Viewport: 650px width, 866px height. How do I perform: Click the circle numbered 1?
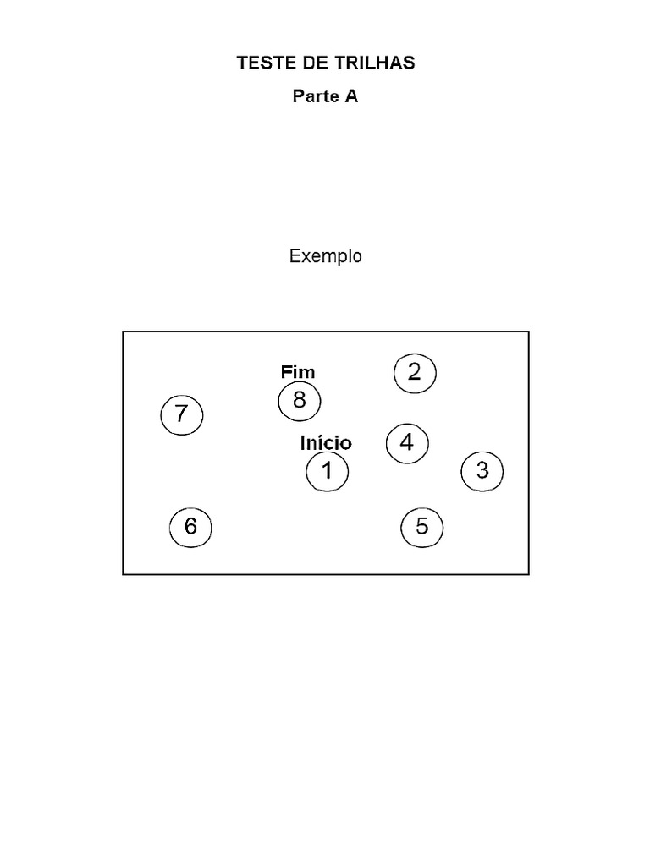(x=327, y=471)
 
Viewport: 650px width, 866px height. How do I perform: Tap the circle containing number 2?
(x=415, y=373)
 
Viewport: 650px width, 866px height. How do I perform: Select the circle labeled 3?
(x=482, y=471)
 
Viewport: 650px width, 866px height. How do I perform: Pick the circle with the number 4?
(x=407, y=443)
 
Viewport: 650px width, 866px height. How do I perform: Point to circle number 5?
(x=422, y=529)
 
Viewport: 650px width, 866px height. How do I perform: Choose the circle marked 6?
(x=190, y=528)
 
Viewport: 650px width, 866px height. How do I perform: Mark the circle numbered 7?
(x=182, y=415)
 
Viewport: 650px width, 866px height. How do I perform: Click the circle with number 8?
(x=300, y=401)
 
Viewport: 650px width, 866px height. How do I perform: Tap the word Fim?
(x=297, y=372)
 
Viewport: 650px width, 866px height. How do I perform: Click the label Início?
(x=326, y=443)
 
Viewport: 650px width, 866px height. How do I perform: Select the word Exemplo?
(x=326, y=256)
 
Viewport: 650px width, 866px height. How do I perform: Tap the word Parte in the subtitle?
(x=315, y=96)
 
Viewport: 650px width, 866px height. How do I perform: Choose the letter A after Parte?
(x=351, y=96)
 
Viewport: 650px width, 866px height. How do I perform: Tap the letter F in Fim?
(x=285, y=372)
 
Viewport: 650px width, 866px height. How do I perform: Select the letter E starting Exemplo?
(x=295, y=255)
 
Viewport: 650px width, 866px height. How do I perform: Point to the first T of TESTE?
(x=242, y=63)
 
